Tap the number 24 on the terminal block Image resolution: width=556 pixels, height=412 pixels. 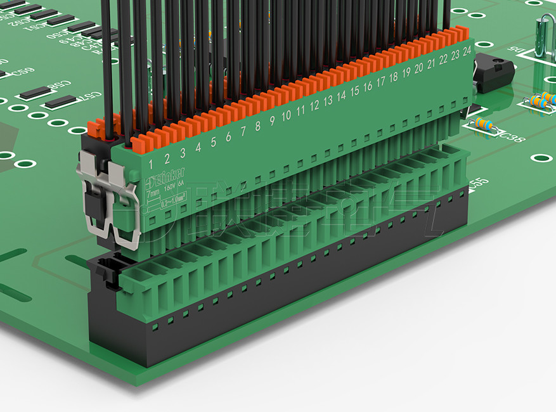point(467,49)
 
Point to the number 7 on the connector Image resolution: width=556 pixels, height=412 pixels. point(243,131)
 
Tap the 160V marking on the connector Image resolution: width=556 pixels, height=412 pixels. point(169,188)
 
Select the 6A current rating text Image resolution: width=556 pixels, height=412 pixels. point(181,184)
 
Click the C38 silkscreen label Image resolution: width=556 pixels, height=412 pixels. point(512,136)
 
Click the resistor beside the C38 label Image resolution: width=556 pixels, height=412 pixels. point(483,124)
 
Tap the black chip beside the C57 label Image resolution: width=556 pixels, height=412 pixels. point(60,101)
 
